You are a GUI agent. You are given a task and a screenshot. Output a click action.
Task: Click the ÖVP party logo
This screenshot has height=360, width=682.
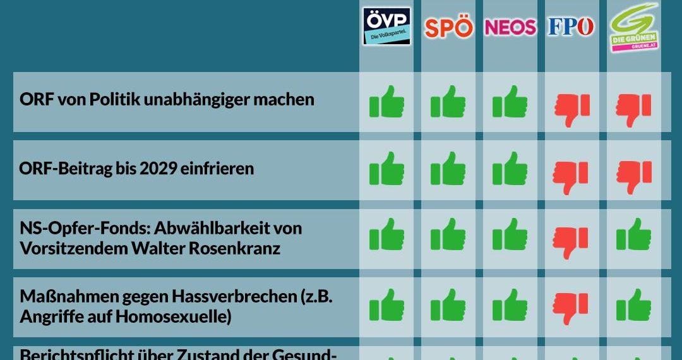(386, 27)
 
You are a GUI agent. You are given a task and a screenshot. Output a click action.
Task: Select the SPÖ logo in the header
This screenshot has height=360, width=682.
(448, 28)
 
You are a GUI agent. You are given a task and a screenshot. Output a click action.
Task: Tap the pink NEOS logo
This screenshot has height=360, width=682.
(510, 27)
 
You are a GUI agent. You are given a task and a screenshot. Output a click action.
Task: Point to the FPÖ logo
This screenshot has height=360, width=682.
(571, 27)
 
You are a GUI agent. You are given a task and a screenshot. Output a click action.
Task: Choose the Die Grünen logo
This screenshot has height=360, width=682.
(633, 28)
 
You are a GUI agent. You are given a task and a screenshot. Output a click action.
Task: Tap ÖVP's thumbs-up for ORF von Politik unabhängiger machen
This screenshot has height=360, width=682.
(386, 102)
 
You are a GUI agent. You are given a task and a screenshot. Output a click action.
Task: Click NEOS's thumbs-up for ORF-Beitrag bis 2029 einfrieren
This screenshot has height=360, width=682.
(510, 169)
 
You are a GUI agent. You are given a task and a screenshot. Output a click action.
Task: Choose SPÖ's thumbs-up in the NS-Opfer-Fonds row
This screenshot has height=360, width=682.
(448, 235)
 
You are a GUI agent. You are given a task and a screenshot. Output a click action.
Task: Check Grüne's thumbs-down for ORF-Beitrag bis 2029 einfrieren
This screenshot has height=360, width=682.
(633, 174)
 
